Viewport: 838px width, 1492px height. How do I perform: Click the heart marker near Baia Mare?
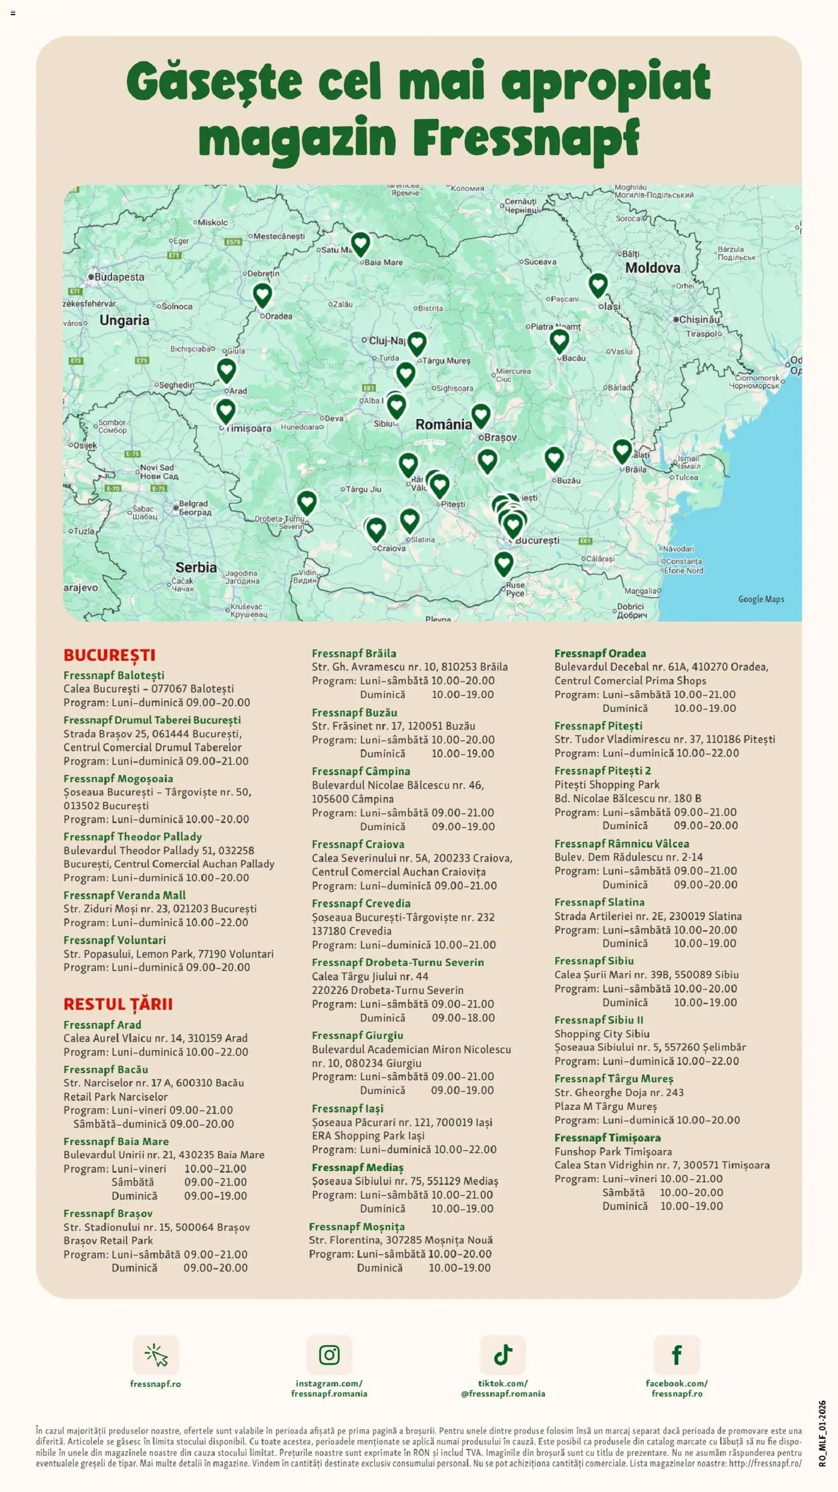361,244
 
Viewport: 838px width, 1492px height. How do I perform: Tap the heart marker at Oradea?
262,295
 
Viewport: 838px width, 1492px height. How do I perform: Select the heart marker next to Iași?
598,285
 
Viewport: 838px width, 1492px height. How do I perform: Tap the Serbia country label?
196,567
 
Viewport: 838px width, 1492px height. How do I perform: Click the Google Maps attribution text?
761,599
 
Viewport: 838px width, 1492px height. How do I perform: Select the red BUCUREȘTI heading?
109,655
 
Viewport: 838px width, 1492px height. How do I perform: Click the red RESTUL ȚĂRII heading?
118,1004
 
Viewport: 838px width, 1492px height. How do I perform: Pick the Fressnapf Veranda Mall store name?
124,895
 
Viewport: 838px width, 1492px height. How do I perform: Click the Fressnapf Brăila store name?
354,653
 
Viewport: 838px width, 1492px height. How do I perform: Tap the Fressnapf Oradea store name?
600,653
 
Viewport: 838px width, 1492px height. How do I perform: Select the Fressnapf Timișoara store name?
607,1138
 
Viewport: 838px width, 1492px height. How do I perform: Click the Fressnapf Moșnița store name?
356,1226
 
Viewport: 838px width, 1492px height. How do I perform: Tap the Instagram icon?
329,1355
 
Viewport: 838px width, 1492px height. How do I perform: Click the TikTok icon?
502,1355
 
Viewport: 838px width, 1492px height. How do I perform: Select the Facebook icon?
676,1355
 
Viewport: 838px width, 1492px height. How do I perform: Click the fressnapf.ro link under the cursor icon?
155,1384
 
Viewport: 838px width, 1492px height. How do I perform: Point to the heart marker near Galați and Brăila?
622,451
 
